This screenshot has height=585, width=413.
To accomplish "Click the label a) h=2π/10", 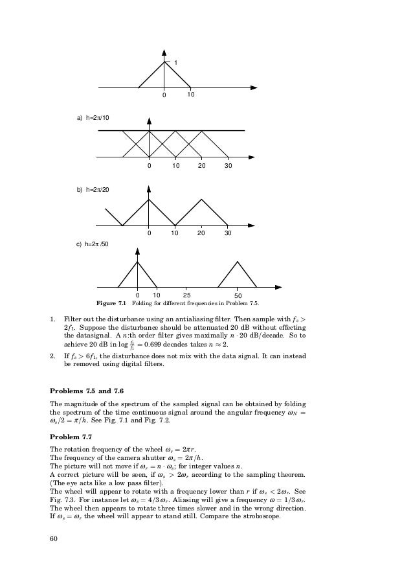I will click(x=93, y=118).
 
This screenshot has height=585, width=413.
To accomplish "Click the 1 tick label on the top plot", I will click(x=175, y=63).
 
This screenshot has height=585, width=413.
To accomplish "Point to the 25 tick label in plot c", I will click(x=186, y=295).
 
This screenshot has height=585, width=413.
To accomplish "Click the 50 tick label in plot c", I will click(x=238, y=295).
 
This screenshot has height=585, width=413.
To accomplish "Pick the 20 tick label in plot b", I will click(x=201, y=233).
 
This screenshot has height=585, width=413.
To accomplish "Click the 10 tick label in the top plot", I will click(x=191, y=95).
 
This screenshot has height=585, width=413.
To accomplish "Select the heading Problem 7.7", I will click(x=74, y=437).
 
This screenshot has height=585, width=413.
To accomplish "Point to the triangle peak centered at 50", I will click(x=238, y=262).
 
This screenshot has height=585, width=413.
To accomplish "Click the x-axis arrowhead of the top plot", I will click(x=256, y=87).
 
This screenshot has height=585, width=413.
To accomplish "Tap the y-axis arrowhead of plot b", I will click(x=150, y=190).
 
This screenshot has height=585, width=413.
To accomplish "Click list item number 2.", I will click(x=52, y=356).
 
